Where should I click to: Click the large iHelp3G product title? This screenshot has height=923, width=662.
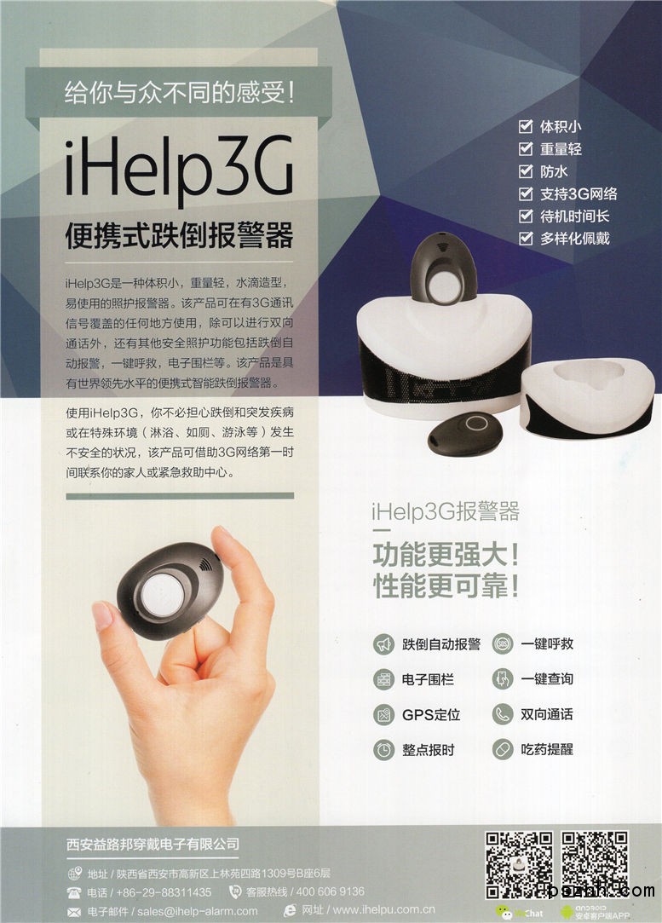179,166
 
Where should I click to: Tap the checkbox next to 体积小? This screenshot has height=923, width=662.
526,126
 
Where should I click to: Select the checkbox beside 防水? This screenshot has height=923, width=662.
526,170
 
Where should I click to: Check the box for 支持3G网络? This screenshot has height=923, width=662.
526,193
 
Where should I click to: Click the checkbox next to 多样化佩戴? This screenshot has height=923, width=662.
526,238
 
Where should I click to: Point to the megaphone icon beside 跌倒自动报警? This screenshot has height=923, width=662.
384,644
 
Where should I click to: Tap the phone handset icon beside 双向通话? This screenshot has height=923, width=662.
503,714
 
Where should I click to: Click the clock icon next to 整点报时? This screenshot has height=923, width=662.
384,750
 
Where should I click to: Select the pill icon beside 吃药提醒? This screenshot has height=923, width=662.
503,750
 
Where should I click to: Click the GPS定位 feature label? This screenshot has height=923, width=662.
431,714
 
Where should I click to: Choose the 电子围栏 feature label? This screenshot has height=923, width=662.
428,679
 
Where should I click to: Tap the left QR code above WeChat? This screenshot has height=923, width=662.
518,865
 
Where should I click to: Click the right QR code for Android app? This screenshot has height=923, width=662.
595,865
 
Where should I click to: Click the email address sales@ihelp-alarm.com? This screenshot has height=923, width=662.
197,911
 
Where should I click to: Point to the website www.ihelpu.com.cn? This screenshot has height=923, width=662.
384,910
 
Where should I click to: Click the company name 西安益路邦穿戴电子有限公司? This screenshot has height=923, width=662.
153,844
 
